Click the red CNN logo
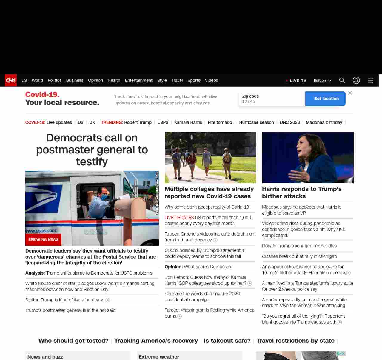click(x=11, y=80)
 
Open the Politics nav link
click(x=54, y=80)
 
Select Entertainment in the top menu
click(x=138, y=80)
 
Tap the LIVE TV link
click(x=296, y=81)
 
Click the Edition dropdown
click(x=322, y=81)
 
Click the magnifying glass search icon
click(x=342, y=80)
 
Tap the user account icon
click(x=356, y=80)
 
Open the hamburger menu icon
click(x=371, y=80)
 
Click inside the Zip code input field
click(x=272, y=101)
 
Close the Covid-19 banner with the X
click(x=350, y=93)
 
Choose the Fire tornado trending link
click(x=220, y=122)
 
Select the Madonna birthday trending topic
click(x=324, y=122)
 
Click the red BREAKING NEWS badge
click(x=43, y=239)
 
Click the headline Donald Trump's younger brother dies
click(x=299, y=246)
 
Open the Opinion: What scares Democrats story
click(x=198, y=267)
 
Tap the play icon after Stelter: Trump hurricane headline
click(x=108, y=300)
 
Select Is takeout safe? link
click(x=227, y=341)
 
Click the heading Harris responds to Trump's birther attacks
click(x=301, y=193)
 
